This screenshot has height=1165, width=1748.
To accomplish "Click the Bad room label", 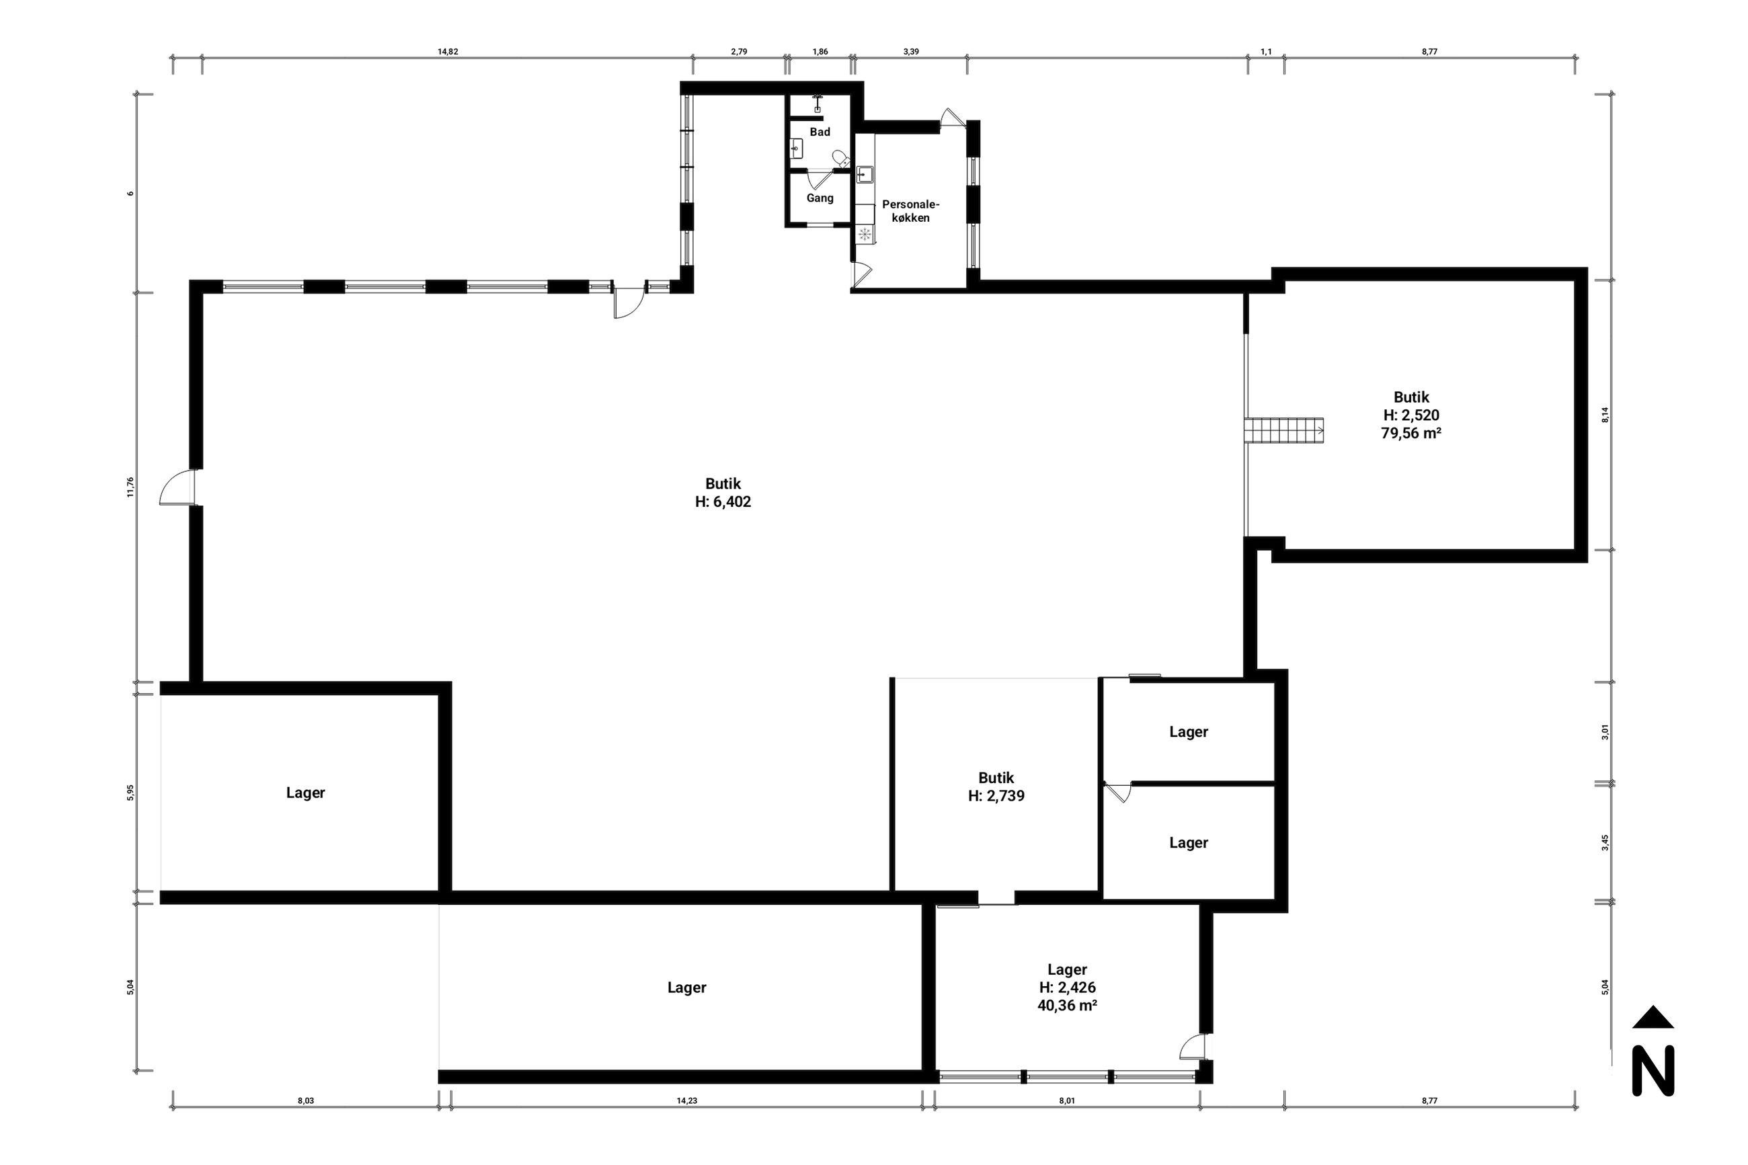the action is click(820, 132).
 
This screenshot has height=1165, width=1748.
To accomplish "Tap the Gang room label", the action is click(820, 198).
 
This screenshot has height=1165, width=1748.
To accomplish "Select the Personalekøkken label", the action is click(910, 211).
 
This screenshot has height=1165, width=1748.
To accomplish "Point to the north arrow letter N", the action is click(1653, 1070).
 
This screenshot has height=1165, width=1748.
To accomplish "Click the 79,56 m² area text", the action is click(1411, 433).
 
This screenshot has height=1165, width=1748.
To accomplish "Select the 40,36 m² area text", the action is click(1067, 1005).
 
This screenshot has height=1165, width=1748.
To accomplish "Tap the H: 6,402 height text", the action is click(723, 501).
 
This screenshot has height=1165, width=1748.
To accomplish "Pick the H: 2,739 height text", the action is click(996, 796).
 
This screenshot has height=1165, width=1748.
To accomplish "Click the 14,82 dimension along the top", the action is click(447, 51).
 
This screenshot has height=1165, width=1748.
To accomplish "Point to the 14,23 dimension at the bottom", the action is click(686, 1100).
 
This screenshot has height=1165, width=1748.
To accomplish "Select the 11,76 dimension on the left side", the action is click(130, 487).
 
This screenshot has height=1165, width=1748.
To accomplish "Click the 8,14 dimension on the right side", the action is click(1605, 415).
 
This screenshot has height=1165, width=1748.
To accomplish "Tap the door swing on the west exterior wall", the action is click(176, 487).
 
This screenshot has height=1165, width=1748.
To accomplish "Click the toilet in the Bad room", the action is click(841, 158).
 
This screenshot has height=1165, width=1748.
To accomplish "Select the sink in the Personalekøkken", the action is click(865, 175).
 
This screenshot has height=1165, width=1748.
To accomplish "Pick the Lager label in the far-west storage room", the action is click(305, 793).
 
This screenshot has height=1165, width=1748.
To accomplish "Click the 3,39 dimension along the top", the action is click(911, 51).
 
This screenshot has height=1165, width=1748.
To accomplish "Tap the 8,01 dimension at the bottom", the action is click(1066, 1100).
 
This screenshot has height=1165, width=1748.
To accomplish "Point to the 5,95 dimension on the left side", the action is click(130, 792).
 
